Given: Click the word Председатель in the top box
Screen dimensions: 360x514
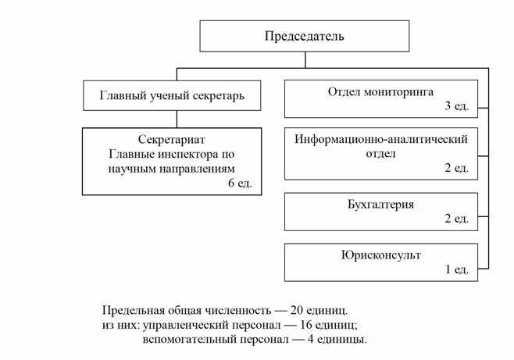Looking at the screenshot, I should pos(304,36).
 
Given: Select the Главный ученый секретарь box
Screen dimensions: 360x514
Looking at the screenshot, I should pos(172,96).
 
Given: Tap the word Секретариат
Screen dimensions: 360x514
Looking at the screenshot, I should pos(171,140).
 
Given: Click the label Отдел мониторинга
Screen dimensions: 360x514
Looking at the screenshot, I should pos(380,92).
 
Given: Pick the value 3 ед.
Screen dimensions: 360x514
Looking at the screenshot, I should pos(456,106).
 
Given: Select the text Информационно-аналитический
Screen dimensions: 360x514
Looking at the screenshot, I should pos(380,140).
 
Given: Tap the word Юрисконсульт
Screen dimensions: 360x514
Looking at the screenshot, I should pos(380,255).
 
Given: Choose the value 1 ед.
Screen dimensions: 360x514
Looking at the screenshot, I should pos(456,269).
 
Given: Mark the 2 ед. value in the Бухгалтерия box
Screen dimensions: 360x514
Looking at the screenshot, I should pos(456,219).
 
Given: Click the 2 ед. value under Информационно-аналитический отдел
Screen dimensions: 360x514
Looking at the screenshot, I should pos(456,168).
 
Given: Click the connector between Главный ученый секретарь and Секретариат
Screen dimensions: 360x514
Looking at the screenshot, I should pos(177,119).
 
